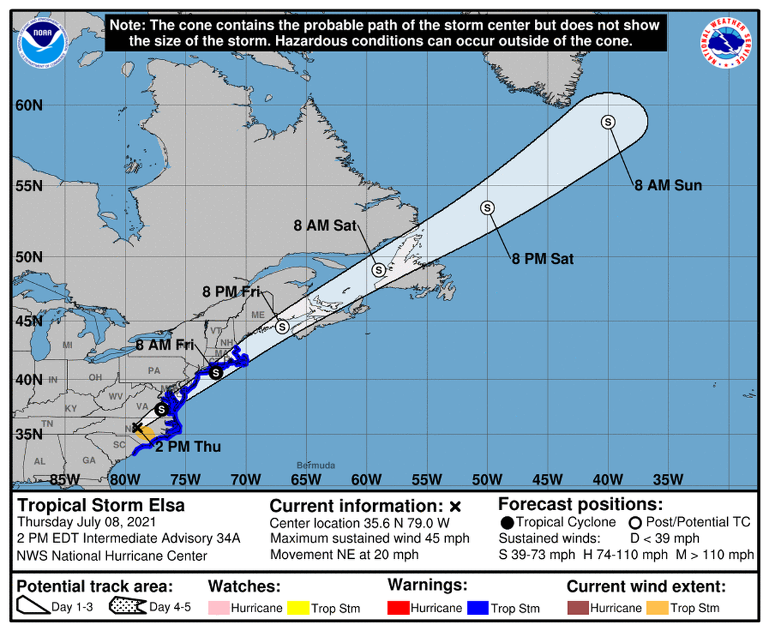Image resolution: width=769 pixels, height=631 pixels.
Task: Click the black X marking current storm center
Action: click(137, 427)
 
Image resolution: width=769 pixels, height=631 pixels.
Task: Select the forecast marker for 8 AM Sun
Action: click(608, 121)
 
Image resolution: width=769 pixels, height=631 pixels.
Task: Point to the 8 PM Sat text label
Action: click(542, 258)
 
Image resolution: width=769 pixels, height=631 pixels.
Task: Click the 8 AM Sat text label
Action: click(324, 226)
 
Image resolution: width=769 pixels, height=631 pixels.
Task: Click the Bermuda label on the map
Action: click(316, 466)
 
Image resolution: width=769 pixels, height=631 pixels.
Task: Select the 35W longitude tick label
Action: click(668, 480)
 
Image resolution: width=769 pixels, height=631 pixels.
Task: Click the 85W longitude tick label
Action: click(65, 480)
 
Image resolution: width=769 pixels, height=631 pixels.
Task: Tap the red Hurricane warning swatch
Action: click(401, 607)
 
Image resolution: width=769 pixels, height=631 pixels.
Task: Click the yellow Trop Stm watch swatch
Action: click(299, 607)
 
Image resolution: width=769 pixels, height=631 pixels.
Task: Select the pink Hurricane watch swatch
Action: click(219, 607)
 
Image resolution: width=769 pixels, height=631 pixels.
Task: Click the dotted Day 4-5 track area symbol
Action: click(127, 607)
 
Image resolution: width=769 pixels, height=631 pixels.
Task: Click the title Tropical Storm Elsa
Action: click(101, 505)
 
